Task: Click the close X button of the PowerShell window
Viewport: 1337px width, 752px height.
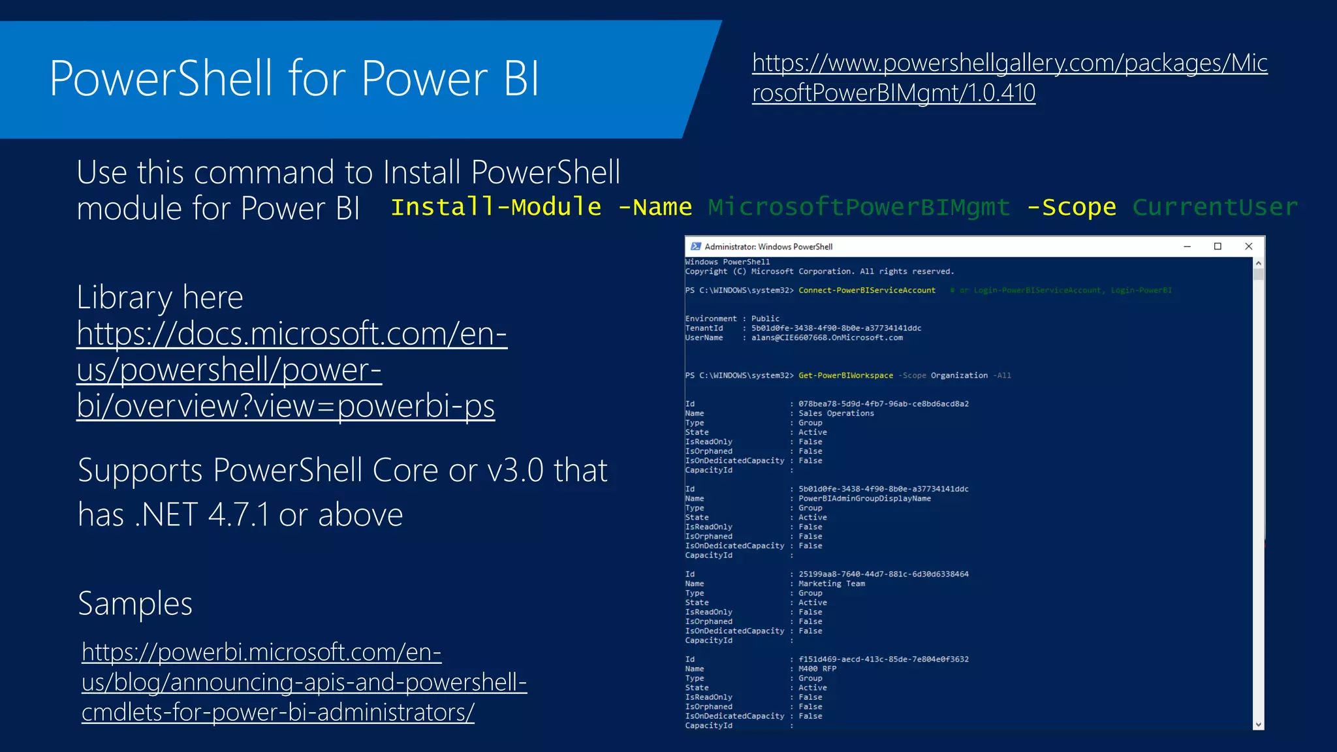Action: [1248, 246]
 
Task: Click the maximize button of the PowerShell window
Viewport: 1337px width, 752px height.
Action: [1218, 246]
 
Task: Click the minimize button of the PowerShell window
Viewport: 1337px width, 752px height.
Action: [1187, 246]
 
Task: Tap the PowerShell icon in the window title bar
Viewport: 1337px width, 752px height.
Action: [696, 247]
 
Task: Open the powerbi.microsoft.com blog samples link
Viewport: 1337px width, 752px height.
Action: [304, 681]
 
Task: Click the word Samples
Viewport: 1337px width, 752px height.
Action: [135, 603]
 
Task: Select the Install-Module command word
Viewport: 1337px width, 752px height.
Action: [495, 207]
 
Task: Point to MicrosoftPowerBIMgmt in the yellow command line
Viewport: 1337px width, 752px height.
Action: [859, 207]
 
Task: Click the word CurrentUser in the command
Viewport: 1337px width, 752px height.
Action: [1215, 207]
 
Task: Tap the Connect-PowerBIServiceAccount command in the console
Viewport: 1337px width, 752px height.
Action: [866, 290]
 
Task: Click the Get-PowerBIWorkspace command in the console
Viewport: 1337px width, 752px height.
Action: [845, 375]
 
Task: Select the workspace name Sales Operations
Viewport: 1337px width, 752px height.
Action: [836, 413]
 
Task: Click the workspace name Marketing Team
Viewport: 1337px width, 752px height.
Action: [831, 584]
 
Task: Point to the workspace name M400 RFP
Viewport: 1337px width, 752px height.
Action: [817, 668]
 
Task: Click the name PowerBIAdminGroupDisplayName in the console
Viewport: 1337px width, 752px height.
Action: [864, 499]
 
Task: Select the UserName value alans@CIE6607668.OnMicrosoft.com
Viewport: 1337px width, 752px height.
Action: [826, 337]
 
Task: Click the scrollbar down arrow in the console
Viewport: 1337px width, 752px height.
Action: [1258, 724]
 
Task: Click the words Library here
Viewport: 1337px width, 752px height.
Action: [160, 297]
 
